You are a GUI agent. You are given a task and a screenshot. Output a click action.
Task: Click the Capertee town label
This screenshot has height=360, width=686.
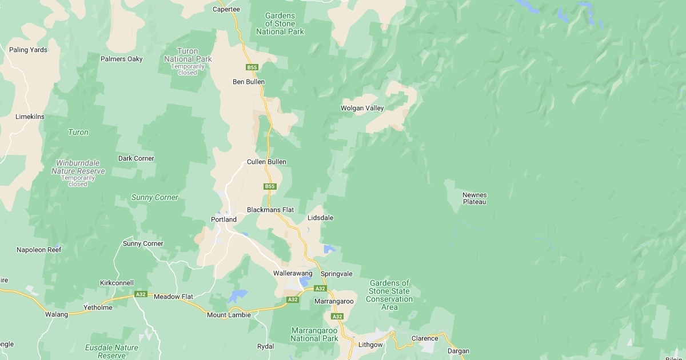click(226, 9)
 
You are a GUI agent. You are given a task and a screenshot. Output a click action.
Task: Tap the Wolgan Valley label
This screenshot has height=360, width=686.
click(362, 108)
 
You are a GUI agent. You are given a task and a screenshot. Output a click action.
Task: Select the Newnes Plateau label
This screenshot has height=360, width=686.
click(474, 198)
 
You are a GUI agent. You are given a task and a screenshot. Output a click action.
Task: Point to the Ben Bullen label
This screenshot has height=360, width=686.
click(249, 82)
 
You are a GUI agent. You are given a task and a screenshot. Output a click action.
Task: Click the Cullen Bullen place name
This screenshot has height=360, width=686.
click(266, 162)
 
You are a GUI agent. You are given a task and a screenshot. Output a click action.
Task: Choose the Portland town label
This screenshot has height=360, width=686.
click(224, 219)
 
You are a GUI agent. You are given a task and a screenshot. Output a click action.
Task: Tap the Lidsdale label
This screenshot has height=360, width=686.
click(320, 218)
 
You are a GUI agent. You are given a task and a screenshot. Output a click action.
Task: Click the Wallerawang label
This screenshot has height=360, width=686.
click(293, 273)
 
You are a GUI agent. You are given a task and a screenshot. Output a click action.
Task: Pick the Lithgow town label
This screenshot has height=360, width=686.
click(370, 345)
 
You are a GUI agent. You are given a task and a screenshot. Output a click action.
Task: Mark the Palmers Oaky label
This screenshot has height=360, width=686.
click(122, 59)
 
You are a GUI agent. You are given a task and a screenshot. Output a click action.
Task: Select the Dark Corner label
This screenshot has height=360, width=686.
click(136, 158)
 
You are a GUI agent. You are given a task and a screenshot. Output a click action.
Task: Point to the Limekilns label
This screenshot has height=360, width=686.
click(30, 117)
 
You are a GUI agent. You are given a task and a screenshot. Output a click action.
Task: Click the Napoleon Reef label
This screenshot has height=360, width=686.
click(39, 250)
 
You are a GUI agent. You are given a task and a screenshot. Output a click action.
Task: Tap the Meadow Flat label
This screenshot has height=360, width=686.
click(173, 297)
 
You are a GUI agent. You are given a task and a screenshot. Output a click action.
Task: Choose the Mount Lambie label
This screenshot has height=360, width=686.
click(229, 315)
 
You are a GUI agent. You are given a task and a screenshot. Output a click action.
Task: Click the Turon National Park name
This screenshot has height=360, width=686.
click(188, 55)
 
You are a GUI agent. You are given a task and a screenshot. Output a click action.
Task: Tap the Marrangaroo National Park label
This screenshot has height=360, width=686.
click(314, 334)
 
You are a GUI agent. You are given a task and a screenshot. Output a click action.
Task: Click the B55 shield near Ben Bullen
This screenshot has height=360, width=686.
click(253, 67)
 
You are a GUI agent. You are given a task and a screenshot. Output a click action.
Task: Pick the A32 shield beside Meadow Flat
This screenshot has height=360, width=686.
click(141, 294)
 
